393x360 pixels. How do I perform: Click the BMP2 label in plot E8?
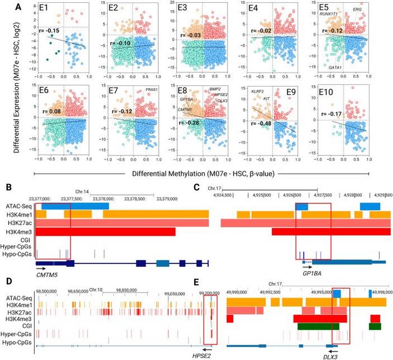coord(215,89)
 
